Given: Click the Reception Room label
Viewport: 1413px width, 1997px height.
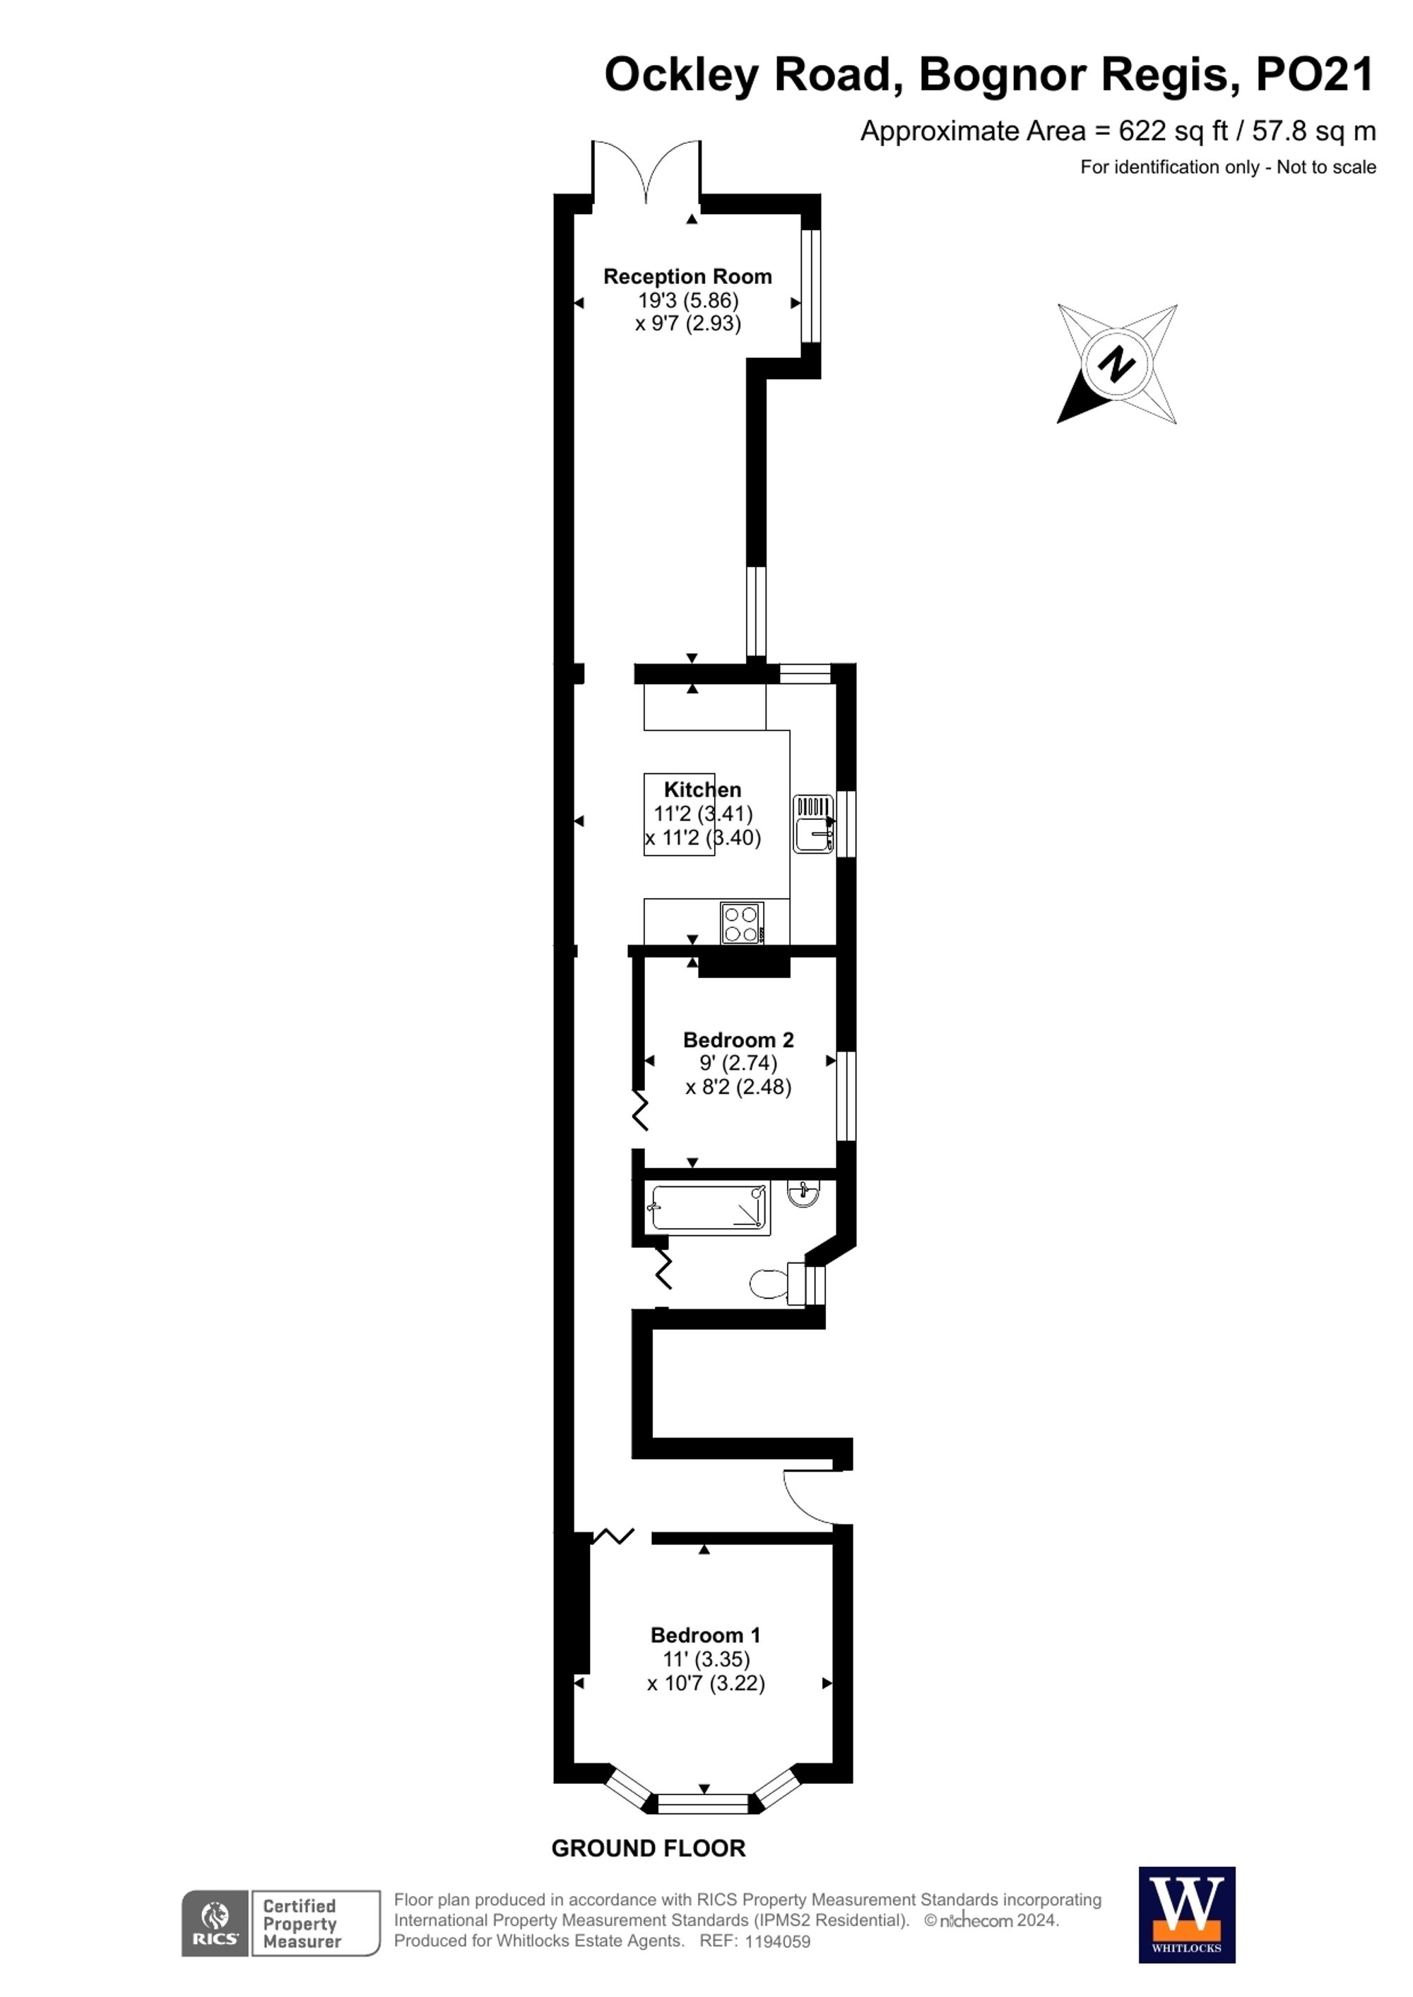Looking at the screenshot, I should point(687,277).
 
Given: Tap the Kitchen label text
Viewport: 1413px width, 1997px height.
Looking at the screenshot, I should point(702,789).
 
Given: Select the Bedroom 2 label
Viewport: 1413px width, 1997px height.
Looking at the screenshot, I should point(738,1039).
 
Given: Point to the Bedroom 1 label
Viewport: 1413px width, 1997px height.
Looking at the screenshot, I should point(705,1635).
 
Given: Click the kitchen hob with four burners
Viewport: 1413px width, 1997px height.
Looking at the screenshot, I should point(742,923).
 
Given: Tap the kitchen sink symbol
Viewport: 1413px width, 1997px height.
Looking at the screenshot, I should point(813,823).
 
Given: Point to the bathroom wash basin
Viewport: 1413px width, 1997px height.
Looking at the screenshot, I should point(802,1193).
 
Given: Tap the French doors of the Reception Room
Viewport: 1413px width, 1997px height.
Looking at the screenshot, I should point(646,172).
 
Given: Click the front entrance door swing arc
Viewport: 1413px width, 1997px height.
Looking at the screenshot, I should point(808,1498).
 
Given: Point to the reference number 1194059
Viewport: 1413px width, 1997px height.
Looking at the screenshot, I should point(777,1941).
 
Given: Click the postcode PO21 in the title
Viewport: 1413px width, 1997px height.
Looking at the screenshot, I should point(1314,75).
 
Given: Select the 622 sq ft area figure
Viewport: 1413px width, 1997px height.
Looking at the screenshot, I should point(1173,131).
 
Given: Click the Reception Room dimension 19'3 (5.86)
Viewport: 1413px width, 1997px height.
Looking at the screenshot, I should point(687,301).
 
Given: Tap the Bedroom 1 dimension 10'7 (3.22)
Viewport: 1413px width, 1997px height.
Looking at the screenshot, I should point(706,1683).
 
